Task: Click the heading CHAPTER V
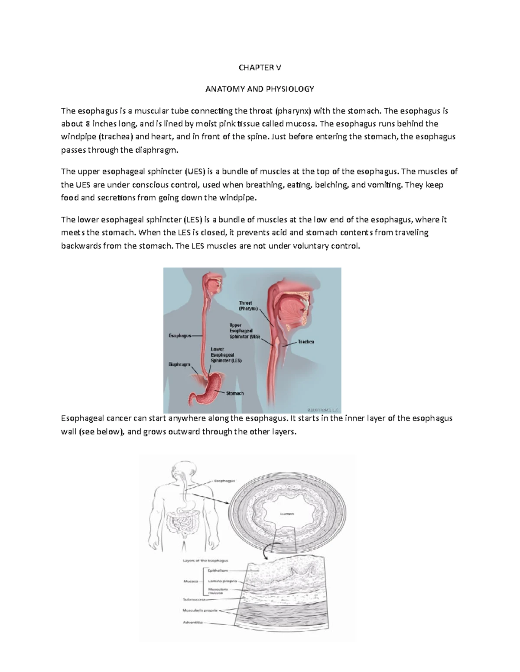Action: pos(260,68)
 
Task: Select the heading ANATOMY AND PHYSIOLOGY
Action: pos(260,89)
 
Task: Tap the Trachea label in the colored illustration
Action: pos(305,342)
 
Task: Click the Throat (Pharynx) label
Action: pos(248,306)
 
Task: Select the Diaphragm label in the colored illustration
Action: pos(179,365)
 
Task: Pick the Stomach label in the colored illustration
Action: pos(235,393)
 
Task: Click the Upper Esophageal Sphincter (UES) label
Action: pos(244,331)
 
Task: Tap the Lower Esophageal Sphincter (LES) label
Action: pos(226,354)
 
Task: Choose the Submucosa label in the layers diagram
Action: pos(192,600)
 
